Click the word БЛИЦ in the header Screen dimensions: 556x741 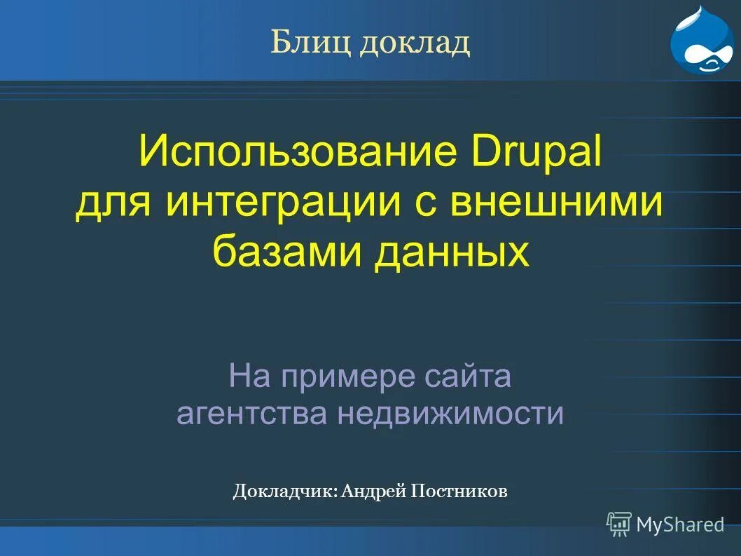pos(311,43)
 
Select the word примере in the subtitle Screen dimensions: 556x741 pos(348,378)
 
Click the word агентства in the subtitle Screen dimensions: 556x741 pos(251,414)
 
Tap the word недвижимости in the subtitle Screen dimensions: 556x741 pos(451,414)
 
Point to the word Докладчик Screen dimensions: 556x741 pos(285,491)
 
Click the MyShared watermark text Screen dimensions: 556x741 pos(680,524)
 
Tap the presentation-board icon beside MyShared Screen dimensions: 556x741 pos(619,524)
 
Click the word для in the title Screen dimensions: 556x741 pos(115,202)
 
